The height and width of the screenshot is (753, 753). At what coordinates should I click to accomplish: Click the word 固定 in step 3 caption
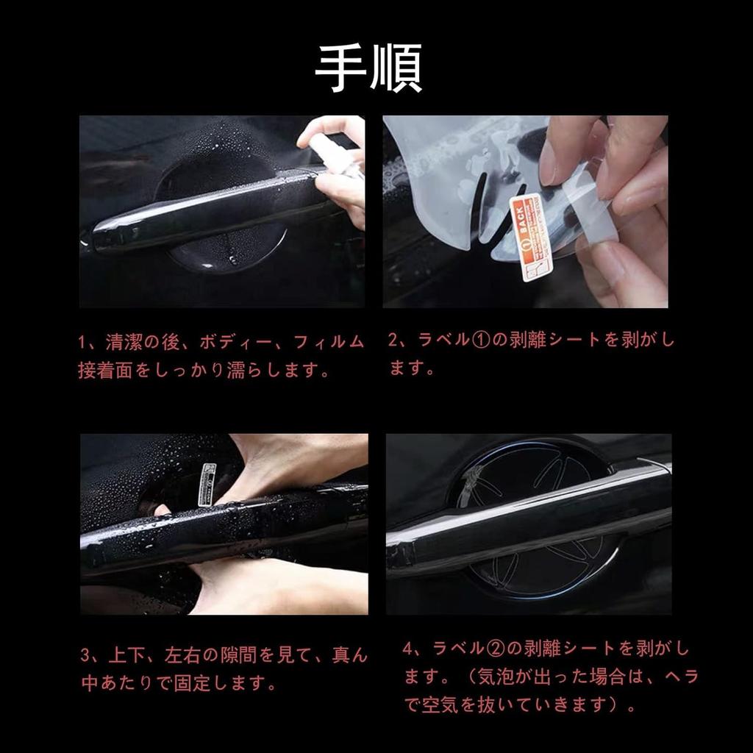coord(190,683)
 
